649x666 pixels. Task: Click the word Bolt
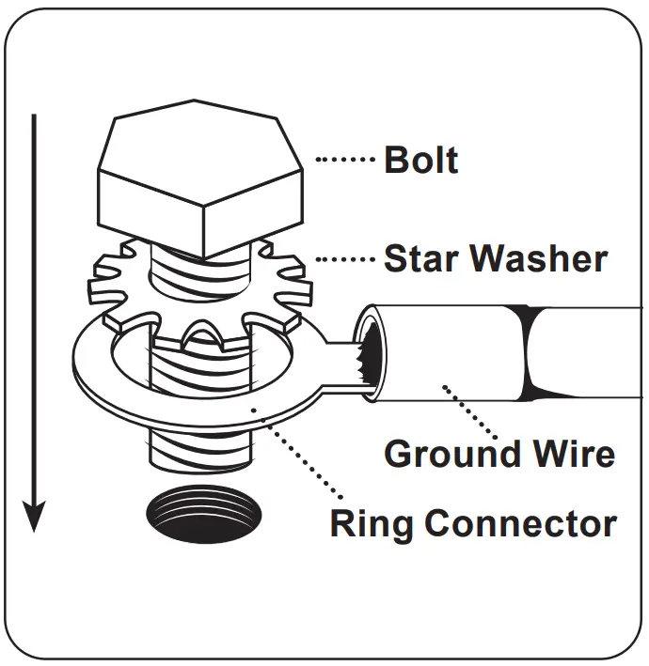420,161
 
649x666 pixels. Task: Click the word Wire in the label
575,454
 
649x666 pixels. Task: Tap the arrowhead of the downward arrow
35,515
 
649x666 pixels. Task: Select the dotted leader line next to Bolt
345,161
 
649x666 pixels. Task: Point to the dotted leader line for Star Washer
345,258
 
